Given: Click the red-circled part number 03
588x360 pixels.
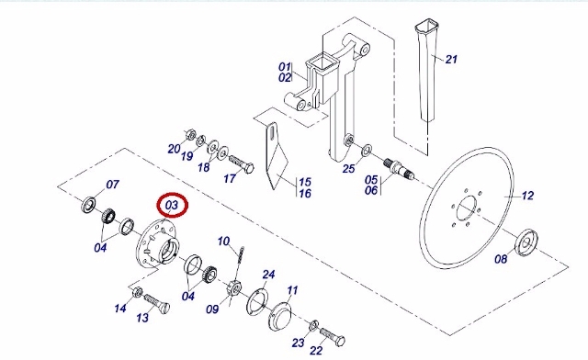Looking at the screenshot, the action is click(x=172, y=205).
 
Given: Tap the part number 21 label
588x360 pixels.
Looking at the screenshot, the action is click(x=451, y=60).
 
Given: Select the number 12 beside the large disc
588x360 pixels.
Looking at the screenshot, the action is click(x=527, y=196).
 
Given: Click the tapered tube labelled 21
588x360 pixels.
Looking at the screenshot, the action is click(x=426, y=72).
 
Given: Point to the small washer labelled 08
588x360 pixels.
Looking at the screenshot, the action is click(x=526, y=242).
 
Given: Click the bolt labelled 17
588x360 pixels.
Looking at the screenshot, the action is click(x=242, y=163).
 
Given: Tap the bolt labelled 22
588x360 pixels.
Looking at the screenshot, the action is click(x=333, y=337).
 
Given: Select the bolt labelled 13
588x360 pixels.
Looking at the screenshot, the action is click(x=157, y=304).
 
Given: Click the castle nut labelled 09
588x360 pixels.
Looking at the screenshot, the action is click(x=233, y=288).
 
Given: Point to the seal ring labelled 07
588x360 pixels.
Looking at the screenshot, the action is click(x=88, y=205).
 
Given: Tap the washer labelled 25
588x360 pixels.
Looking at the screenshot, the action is click(x=367, y=150).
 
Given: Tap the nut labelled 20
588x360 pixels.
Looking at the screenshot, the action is click(x=190, y=135).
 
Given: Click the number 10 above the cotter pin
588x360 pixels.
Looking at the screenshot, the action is click(x=223, y=242).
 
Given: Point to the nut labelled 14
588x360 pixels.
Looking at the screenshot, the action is click(x=137, y=292).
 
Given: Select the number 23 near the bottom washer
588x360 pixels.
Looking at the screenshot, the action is click(x=298, y=343).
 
